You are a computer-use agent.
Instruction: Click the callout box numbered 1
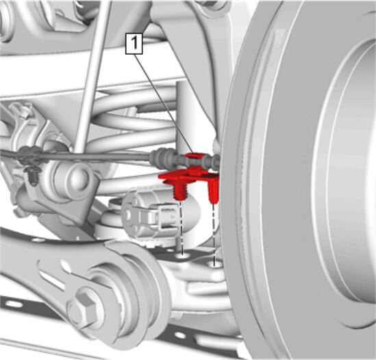[134, 44]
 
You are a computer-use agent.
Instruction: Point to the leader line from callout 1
[164, 104]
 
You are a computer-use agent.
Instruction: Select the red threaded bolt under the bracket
[179, 191]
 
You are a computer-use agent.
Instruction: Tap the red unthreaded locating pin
[214, 191]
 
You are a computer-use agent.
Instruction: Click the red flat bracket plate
[188, 176]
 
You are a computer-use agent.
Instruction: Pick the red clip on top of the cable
[195, 156]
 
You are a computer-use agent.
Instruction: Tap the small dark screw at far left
[33, 176]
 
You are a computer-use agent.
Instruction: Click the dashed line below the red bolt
[181, 227]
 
